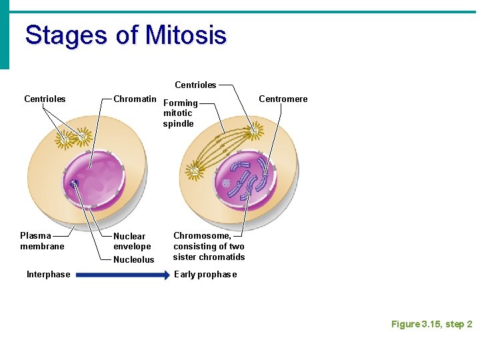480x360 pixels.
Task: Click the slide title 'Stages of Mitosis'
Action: [x=125, y=35]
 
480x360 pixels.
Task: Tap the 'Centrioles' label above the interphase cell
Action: [x=45, y=99]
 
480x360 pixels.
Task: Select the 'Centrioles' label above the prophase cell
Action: [x=195, y=85]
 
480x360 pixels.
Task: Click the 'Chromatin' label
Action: [x=135, y=99]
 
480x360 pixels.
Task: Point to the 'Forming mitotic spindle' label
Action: [x=180, y=113]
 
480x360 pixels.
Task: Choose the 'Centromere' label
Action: [x=283, y=99]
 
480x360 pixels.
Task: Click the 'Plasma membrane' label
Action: [x=42, y=241]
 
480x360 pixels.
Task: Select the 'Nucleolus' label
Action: [x=133, y=259]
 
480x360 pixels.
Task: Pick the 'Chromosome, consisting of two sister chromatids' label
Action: [x=209, y=246]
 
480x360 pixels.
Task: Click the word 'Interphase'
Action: [x=48, y=274]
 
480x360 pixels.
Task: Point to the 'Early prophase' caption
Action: [x=205, y=274]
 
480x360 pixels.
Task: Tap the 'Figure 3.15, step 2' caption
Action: [x=431, y=324]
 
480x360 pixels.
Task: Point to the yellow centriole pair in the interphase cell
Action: [x=73, y=138]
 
